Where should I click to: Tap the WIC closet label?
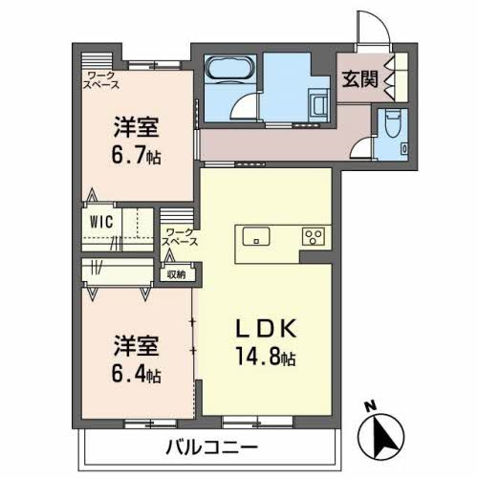[102, 221]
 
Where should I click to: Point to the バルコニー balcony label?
[210, 446]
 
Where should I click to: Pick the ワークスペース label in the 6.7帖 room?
[102, 79]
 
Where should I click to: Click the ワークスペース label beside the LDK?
[181, 237]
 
